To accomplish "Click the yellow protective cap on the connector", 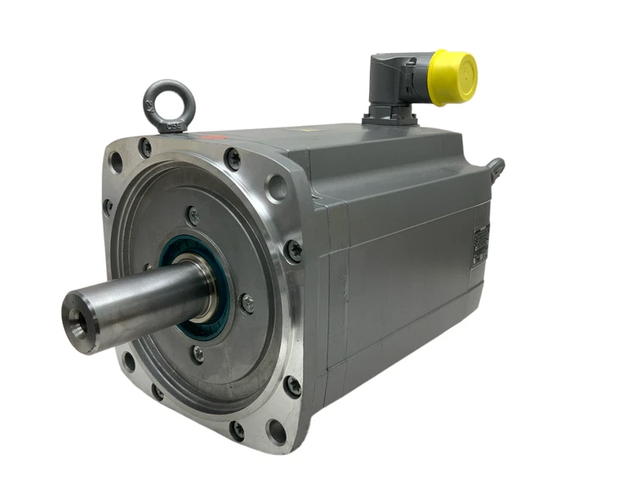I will coord(453,77).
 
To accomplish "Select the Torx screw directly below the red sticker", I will coord(232,159).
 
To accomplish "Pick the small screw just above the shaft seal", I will coord(193,215).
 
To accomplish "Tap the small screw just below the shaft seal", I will coord(197,353).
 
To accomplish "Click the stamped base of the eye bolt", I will coord(172,125).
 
